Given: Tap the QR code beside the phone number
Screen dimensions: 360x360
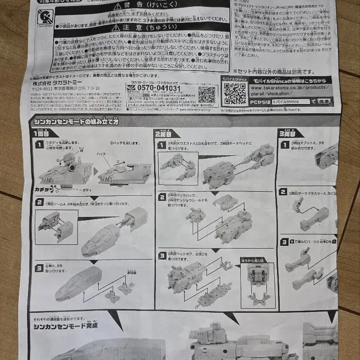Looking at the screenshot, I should (207, 94).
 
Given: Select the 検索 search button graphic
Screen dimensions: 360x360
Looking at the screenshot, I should (324, 101).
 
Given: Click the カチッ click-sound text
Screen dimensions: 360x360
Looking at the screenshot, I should (44, 188).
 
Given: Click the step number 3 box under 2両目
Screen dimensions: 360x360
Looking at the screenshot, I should (162, 255).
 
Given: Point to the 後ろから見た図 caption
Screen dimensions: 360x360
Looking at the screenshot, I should (257, 260).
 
